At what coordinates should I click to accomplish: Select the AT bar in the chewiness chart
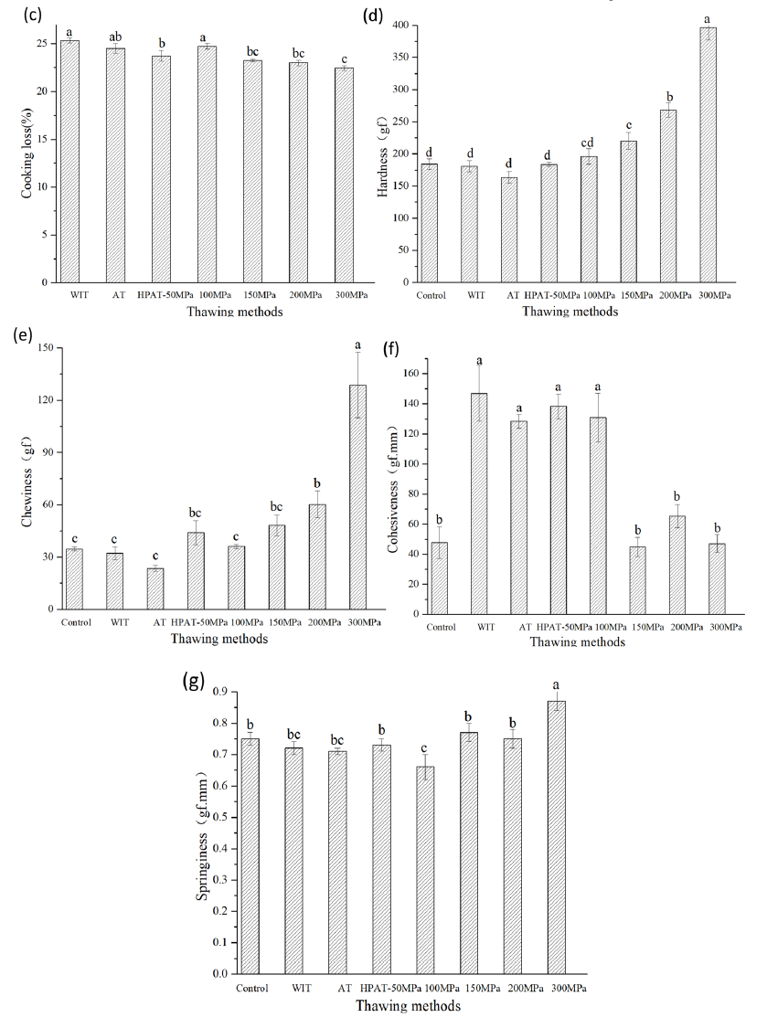(x=155, y=588)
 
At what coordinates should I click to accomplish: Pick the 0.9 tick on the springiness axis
(x=218, y=692)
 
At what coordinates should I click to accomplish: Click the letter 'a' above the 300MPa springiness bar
(x=555, y=684)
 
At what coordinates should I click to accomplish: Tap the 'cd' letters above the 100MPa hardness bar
(x=588, y=141)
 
